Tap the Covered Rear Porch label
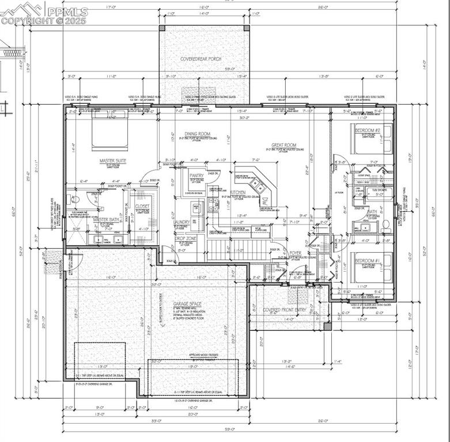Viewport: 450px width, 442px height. point(201,59)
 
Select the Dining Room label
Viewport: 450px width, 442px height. point(197,134)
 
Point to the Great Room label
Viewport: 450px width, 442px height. point(284,145)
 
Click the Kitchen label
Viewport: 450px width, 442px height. point(238,192)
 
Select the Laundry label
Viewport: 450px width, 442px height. point(182,222)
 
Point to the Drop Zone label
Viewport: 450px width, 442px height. point(186,238)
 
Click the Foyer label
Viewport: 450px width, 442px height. point(296,253)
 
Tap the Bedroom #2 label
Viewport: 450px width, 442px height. point(368,131)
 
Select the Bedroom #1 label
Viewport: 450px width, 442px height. point(368,261)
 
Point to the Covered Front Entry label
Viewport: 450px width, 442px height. point(285,310)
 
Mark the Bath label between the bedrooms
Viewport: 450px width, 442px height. point(372,211)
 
